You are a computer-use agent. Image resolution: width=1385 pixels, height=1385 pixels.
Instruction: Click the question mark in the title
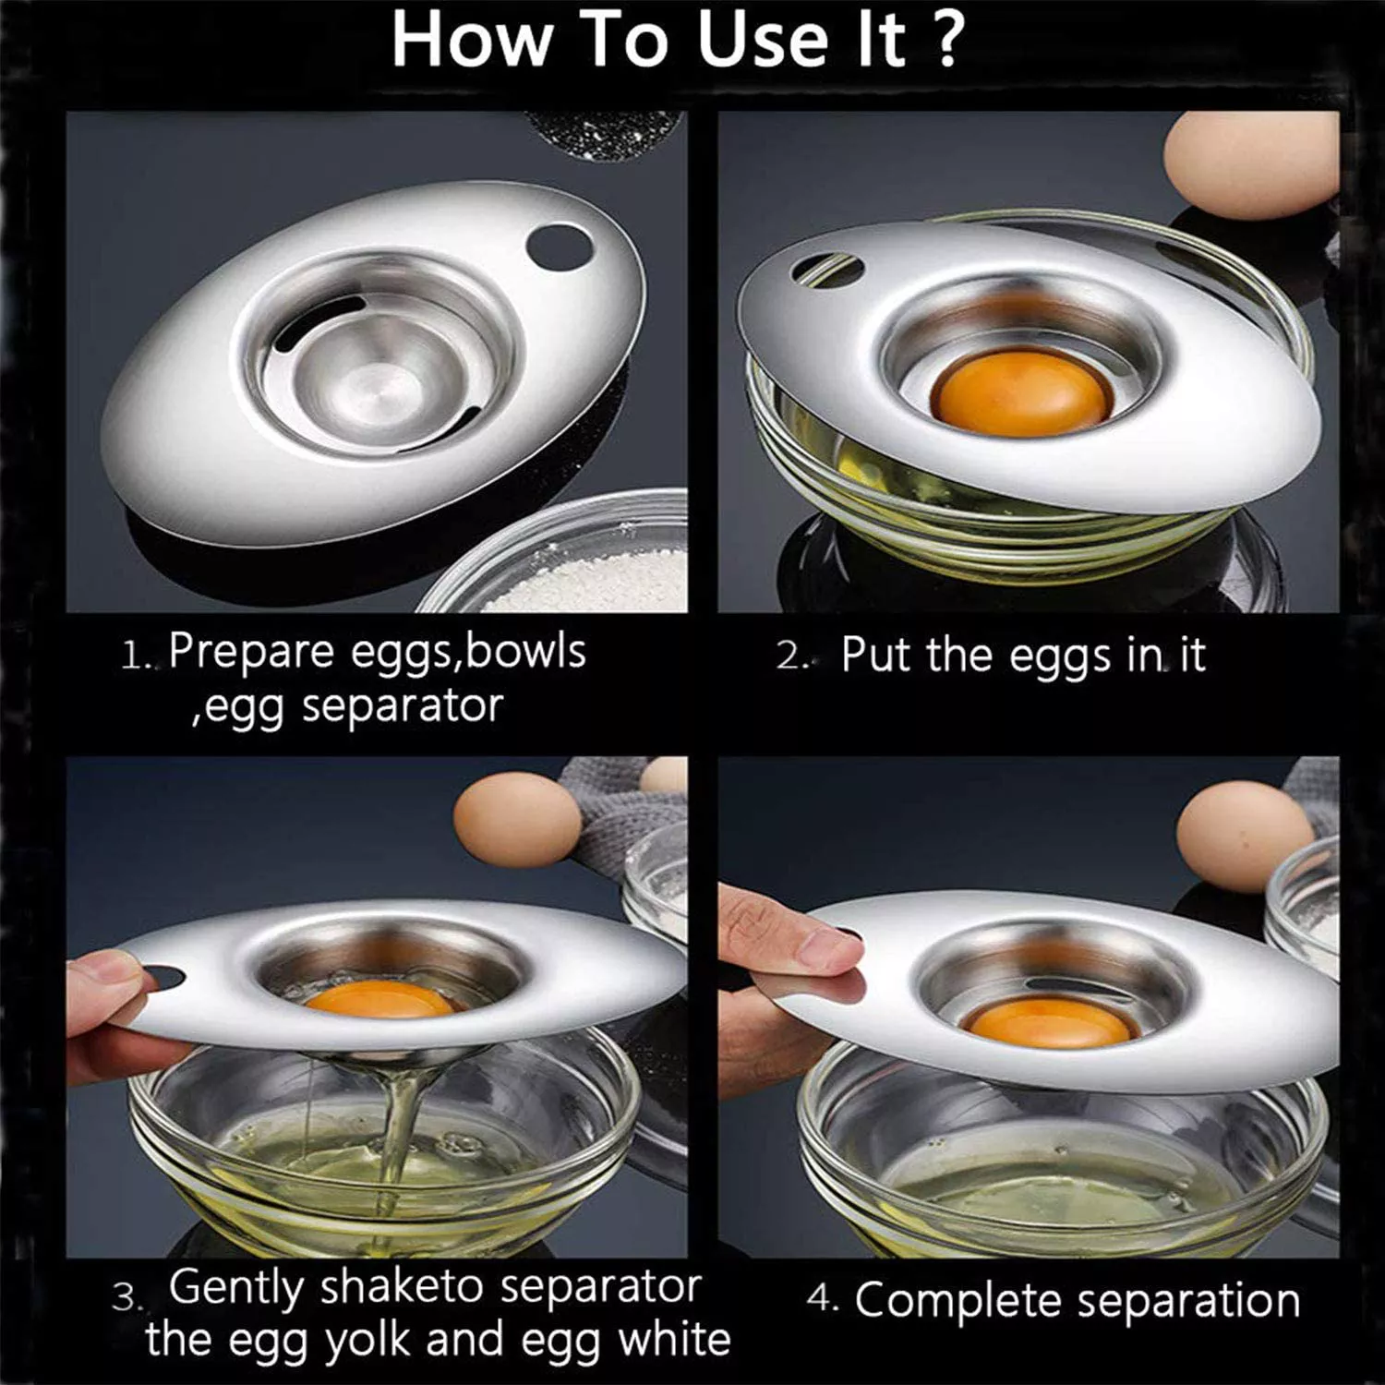(x=947, y=39)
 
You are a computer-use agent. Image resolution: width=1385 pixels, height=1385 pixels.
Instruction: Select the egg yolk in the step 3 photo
(x=379, y=998)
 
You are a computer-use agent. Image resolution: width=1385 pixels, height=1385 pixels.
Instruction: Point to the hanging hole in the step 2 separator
(x=827, y=268)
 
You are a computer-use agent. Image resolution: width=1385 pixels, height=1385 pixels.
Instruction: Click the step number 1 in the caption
(x=134, y=656)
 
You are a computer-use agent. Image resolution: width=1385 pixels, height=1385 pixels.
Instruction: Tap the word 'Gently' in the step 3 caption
(x=236, y=1288)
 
